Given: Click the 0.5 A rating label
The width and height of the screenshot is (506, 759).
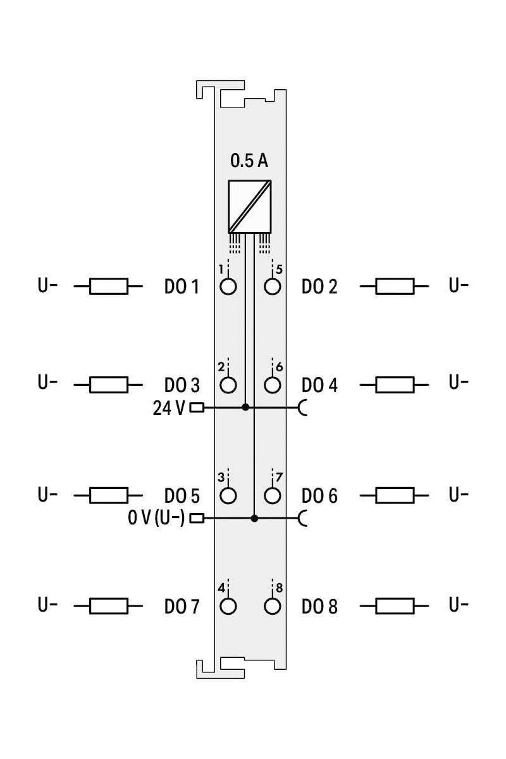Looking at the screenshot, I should (250, 161).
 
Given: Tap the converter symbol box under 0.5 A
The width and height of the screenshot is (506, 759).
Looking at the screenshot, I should (250, 206).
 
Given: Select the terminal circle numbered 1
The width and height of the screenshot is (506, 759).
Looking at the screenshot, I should (228, 287).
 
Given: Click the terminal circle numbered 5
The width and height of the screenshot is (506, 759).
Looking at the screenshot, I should (272, 287).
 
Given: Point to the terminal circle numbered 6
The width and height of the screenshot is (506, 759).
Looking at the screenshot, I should (272, 385).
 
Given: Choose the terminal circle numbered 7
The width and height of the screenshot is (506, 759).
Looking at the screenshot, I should (272, 495).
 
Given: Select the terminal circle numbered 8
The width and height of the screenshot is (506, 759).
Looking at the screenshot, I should (272, 606).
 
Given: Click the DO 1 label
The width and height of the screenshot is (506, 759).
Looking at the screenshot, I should (182, 287).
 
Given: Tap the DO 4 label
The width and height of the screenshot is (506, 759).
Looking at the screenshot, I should (319, 385).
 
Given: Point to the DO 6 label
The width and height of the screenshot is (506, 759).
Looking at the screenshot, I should (319, 495).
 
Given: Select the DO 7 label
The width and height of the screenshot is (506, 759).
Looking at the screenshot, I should (182, 607).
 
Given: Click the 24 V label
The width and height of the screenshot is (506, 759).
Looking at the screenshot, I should (169, 408).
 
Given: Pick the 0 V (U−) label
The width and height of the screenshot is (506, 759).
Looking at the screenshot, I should (156, 519).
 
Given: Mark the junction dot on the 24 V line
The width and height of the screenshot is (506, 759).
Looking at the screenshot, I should (245, 407).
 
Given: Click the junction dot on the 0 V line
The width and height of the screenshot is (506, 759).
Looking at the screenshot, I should (254, 519).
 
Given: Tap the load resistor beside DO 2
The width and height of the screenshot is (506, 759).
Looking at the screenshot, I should (395, 287).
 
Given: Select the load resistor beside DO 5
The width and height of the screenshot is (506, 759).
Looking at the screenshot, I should (109, 495).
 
